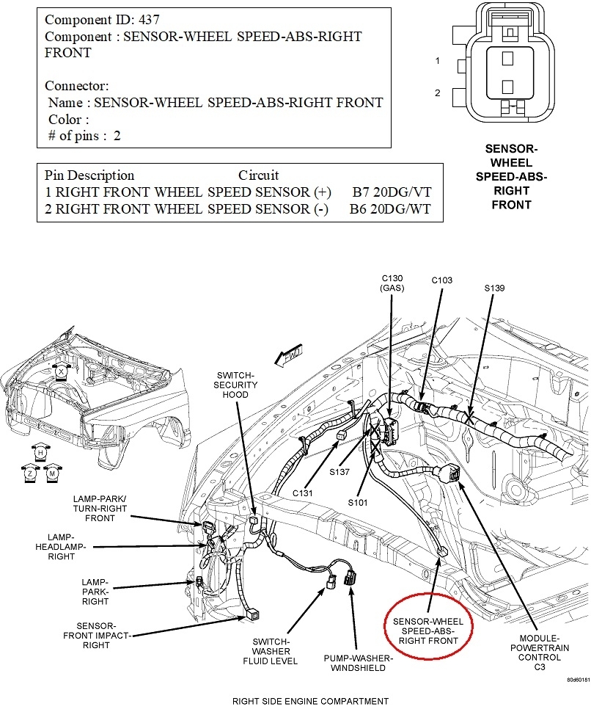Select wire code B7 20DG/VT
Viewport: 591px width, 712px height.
click(392, 192)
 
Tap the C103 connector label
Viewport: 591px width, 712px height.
click(442, 280)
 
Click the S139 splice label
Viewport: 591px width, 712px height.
click(494, 288)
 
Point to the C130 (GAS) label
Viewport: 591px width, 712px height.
click(392, 283)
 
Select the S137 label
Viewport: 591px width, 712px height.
click(339, 471)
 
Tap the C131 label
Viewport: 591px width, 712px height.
click(301, 493)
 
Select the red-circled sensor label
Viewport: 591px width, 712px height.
click(428, 631)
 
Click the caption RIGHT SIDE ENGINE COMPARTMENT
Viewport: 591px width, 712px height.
click(310, 701)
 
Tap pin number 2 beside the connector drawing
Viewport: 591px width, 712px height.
click(437, 93)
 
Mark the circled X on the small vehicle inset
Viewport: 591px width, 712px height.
click(62, 373)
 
